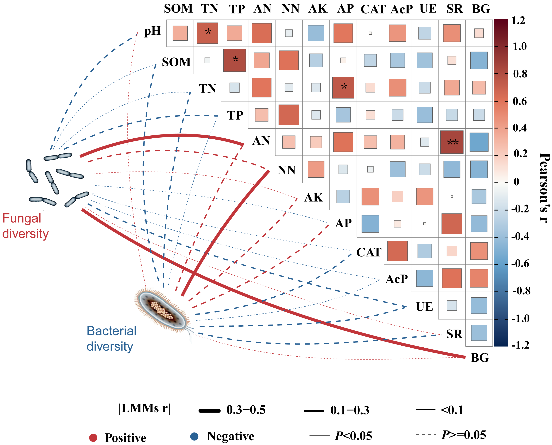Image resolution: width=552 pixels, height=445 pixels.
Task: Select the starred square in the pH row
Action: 207,33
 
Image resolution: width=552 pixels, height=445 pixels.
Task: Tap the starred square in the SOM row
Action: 234,60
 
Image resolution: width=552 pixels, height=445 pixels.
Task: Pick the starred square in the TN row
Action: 343,87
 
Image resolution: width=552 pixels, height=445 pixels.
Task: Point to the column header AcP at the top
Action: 401,9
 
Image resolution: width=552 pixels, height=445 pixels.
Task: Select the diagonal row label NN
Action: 286,170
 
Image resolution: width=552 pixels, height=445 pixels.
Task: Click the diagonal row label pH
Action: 152,31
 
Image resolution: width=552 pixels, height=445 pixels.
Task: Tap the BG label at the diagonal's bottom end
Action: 480,358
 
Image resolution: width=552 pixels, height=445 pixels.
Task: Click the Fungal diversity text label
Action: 25,226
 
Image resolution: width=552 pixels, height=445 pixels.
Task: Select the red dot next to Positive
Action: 93,438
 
